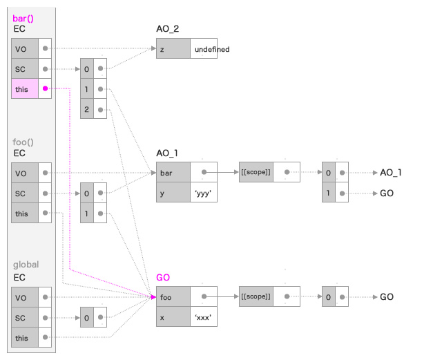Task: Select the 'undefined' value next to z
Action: pyautogui.click(x=211, y=49)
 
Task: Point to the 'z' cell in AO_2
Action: pyautogui.click(x=173, y=49)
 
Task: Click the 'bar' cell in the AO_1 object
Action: pyautogui.click(x=173, y=173)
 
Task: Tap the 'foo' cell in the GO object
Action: pyautogui.click(x=173, y=296)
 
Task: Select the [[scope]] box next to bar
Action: pyautogui.click(x=256, y=173)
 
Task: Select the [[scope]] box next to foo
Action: pyautogui.click(x=256, y=296)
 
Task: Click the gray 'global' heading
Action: pyautogui.click(x=26, y=265)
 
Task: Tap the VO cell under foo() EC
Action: pyautogui.click(x=23, y=173)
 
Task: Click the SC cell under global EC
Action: pyautogui.click(x=23, y=317)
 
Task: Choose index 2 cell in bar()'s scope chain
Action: pyautogui.click(x=87, y=110)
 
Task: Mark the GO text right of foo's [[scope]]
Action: pyautogui.click(x=387, y=296)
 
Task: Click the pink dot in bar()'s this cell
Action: pyautogui.click(x=45, y=88)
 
